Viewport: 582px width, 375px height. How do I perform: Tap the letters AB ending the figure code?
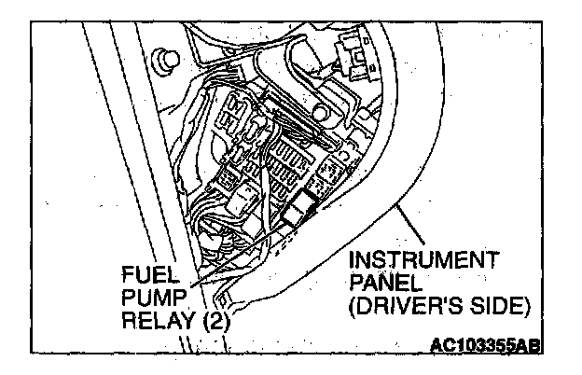pyautogui.click(x=529, y=348)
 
